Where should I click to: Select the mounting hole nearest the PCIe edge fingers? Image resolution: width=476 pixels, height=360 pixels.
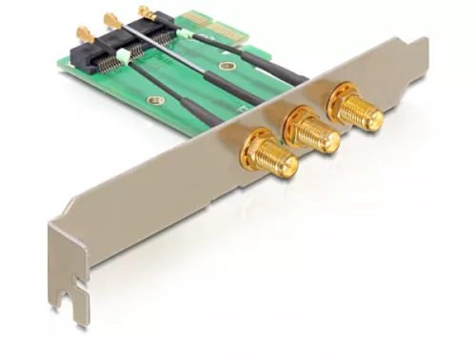pos(227,66)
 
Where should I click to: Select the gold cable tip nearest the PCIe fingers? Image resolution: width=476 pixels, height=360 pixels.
pos(149,11)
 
